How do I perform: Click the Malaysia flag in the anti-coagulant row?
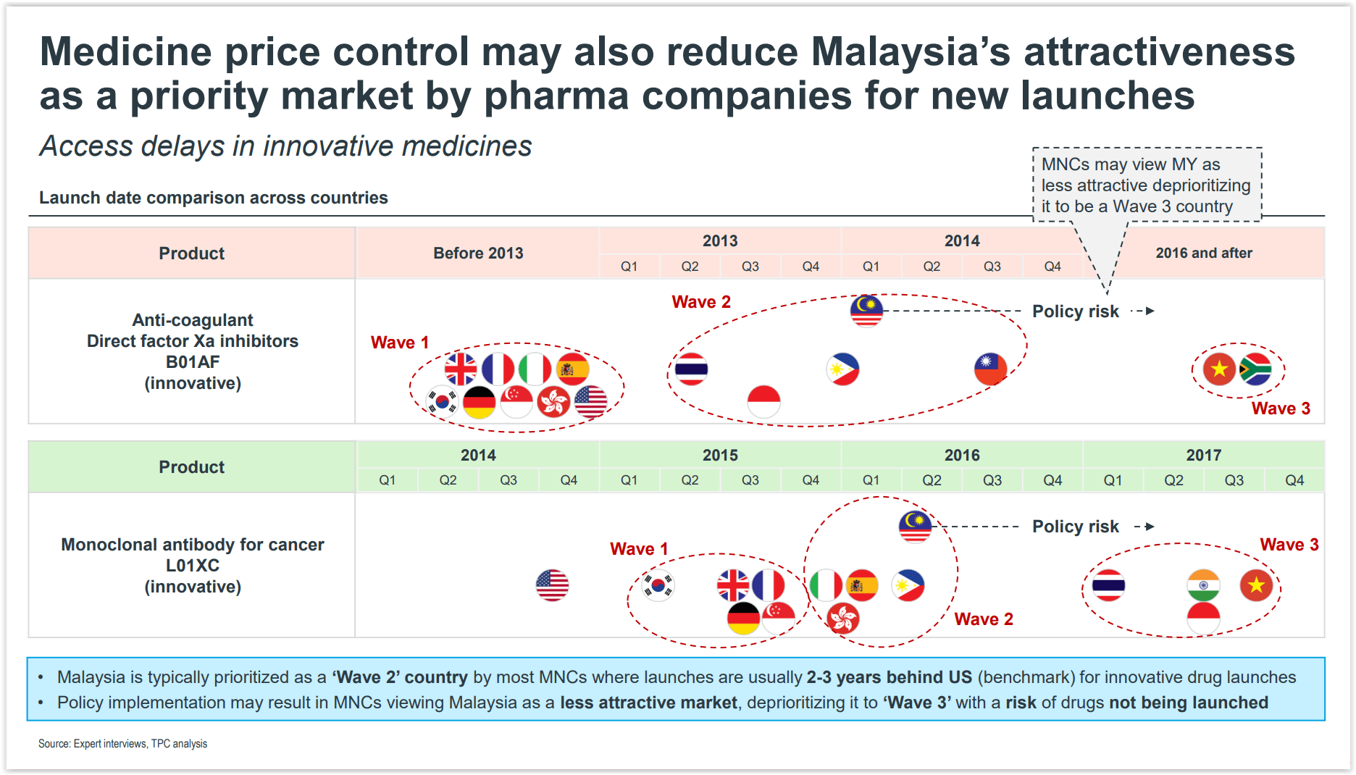click(866, 311)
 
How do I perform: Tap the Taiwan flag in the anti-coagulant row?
click(990, 369)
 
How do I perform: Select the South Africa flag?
click(1255, 369)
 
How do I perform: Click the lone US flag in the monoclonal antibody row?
click(552, 585)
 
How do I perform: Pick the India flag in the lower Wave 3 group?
click(1203, 585)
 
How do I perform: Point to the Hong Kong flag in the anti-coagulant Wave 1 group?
click(553, 402)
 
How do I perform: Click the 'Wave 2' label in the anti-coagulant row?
click(700, 302)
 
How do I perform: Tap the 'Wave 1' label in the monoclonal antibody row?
click(638, 549)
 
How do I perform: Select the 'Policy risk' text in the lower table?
click(1075, 527)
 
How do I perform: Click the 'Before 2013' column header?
click(478, 253)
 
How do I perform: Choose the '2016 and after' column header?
click(1203, 253)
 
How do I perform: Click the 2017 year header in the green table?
click(1203, 455)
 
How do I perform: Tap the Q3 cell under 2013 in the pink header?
click(750, 267)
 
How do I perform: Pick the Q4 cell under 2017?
click(1294, 480)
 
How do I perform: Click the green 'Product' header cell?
click(191, 467)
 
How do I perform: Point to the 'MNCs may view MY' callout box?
click(1146, 185)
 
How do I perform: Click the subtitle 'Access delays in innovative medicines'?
click(285, 146)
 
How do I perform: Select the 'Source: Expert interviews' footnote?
click(122, 744)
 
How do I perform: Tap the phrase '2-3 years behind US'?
click(889, 677)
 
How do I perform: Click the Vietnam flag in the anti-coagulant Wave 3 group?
click(1219, 369)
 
